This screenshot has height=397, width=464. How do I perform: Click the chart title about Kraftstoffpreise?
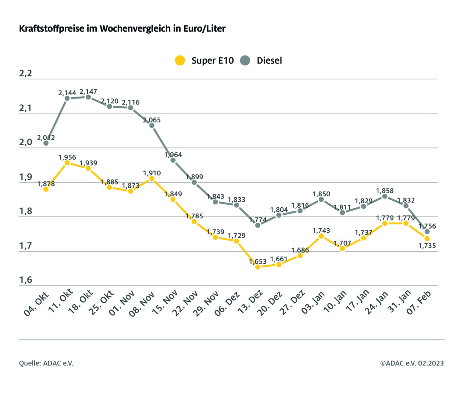tap(122, 29)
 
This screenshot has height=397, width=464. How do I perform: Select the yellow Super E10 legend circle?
tap(180, 60)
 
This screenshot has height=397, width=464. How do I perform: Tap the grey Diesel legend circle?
tap(245, 60)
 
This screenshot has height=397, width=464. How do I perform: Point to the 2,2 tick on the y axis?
tap(25, 74)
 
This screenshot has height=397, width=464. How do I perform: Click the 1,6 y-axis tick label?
tap(25, 280)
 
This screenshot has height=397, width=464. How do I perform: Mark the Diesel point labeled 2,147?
tap(88, 97)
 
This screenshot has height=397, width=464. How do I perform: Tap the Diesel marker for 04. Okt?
tap(46, 143)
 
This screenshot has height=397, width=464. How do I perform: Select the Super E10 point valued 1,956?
tap(67, 162)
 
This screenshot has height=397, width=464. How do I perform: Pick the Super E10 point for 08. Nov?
tap(152, 179)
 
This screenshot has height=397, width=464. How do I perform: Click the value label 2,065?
tap(152, 120)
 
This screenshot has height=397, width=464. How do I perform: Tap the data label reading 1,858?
tap(385, 191)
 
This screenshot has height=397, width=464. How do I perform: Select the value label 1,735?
tap(427, 246)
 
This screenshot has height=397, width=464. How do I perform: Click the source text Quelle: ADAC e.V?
tap(46, 363)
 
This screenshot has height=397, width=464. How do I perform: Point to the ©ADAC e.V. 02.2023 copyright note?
tap(412, 363)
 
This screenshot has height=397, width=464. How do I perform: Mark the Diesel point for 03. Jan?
tap(321, 199)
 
